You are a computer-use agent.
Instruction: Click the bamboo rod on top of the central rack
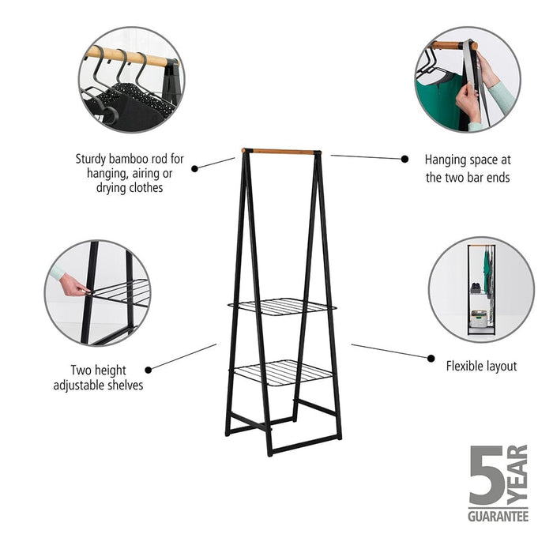click(280, 151)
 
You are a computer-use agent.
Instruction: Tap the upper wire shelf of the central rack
click(280, 306)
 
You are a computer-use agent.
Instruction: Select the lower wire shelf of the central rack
click(280, 371)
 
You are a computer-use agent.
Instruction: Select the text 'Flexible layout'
click(481, 366)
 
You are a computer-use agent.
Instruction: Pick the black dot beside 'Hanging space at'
click(404, 159)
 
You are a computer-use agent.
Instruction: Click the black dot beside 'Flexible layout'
click(431, 358)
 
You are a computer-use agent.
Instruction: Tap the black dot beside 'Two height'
click(149, 368)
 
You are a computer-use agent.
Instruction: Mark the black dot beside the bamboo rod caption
click(195, 167)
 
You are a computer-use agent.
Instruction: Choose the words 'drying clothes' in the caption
click(130, 188)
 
